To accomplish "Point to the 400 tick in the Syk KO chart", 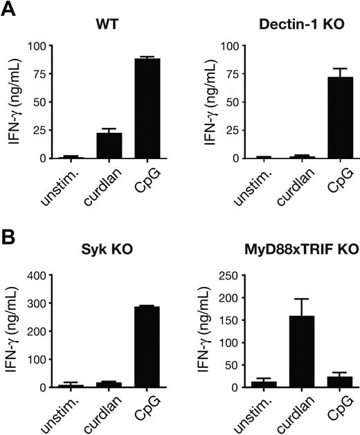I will pyautogui.click(x=35, y=276).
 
